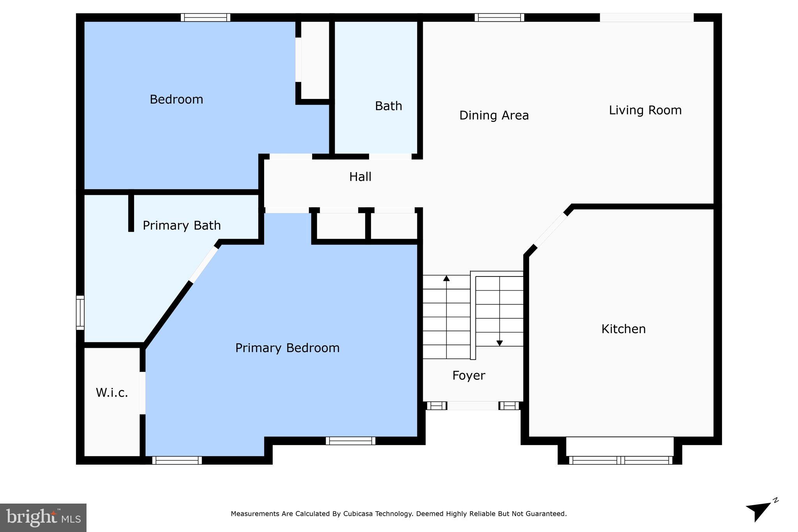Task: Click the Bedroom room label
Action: [x=176, y=100]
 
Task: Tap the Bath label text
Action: [x=388, y=106]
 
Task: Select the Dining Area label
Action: [x=494, y=116]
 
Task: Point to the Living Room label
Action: [x=645, y=110]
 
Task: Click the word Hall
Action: [x=360, y=177]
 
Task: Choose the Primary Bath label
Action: [x=182, y=225]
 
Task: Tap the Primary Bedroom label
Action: [x=287, y=348]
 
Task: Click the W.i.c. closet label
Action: [x=112, y=393]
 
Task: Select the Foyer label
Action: [x=468, y=375]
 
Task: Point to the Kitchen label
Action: [x=623, y=329]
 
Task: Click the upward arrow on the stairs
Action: [x=446, y=278]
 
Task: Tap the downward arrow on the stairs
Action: [x=499, y=343]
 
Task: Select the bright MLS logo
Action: [x=43, y=518]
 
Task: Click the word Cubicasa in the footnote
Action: [x=358, y=514]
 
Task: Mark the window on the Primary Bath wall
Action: [x=80, y=312]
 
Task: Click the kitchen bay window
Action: [x=620, y=460]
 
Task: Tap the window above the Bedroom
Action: [x=205, y=18]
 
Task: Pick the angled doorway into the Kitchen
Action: [x=550, y=231]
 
